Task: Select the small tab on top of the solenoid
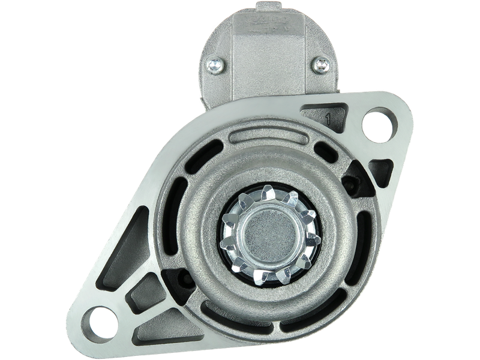(267, 7)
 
